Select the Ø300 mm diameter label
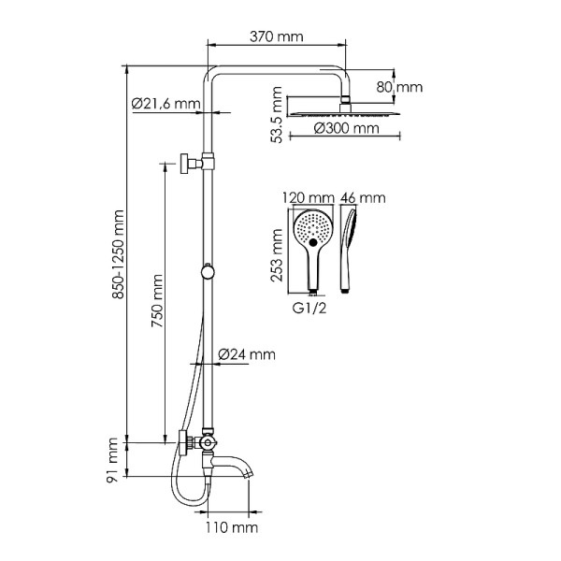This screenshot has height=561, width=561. coord(346,127)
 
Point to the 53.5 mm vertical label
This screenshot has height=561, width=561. coord(275,111)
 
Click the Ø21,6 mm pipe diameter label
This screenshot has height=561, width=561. coord(165,103)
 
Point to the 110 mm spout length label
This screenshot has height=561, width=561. coord(231,528)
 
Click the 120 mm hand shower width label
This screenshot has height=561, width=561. coord(308,198)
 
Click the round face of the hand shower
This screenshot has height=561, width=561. coord(311,230)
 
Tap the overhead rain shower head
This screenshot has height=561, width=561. coord(345,108)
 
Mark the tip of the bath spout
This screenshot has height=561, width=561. coord(249,477)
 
